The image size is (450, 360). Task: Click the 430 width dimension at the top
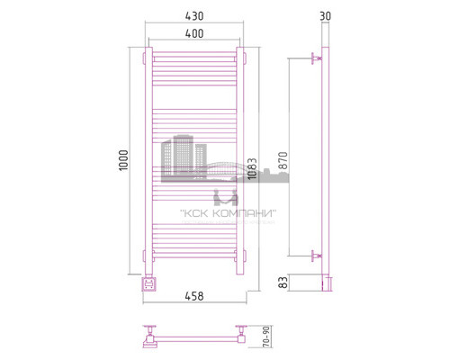point(194,17)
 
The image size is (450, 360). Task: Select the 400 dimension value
point(194,33)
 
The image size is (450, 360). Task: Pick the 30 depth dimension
point(324,17)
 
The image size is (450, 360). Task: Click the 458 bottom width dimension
point(194,292)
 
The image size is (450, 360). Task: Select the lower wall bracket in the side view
point(315,255)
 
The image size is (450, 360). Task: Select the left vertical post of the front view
point(148,162)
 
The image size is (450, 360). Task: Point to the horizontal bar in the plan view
point(194,341)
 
